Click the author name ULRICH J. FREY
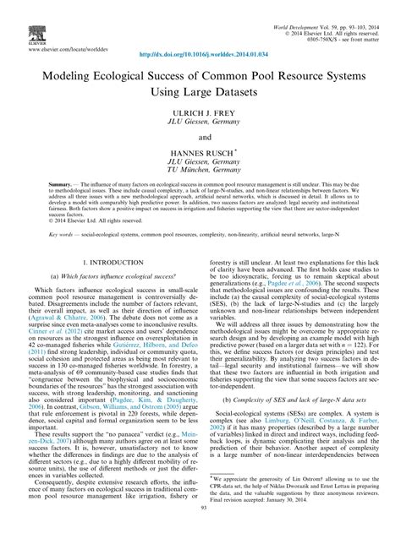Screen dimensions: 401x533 coord(200,115)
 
